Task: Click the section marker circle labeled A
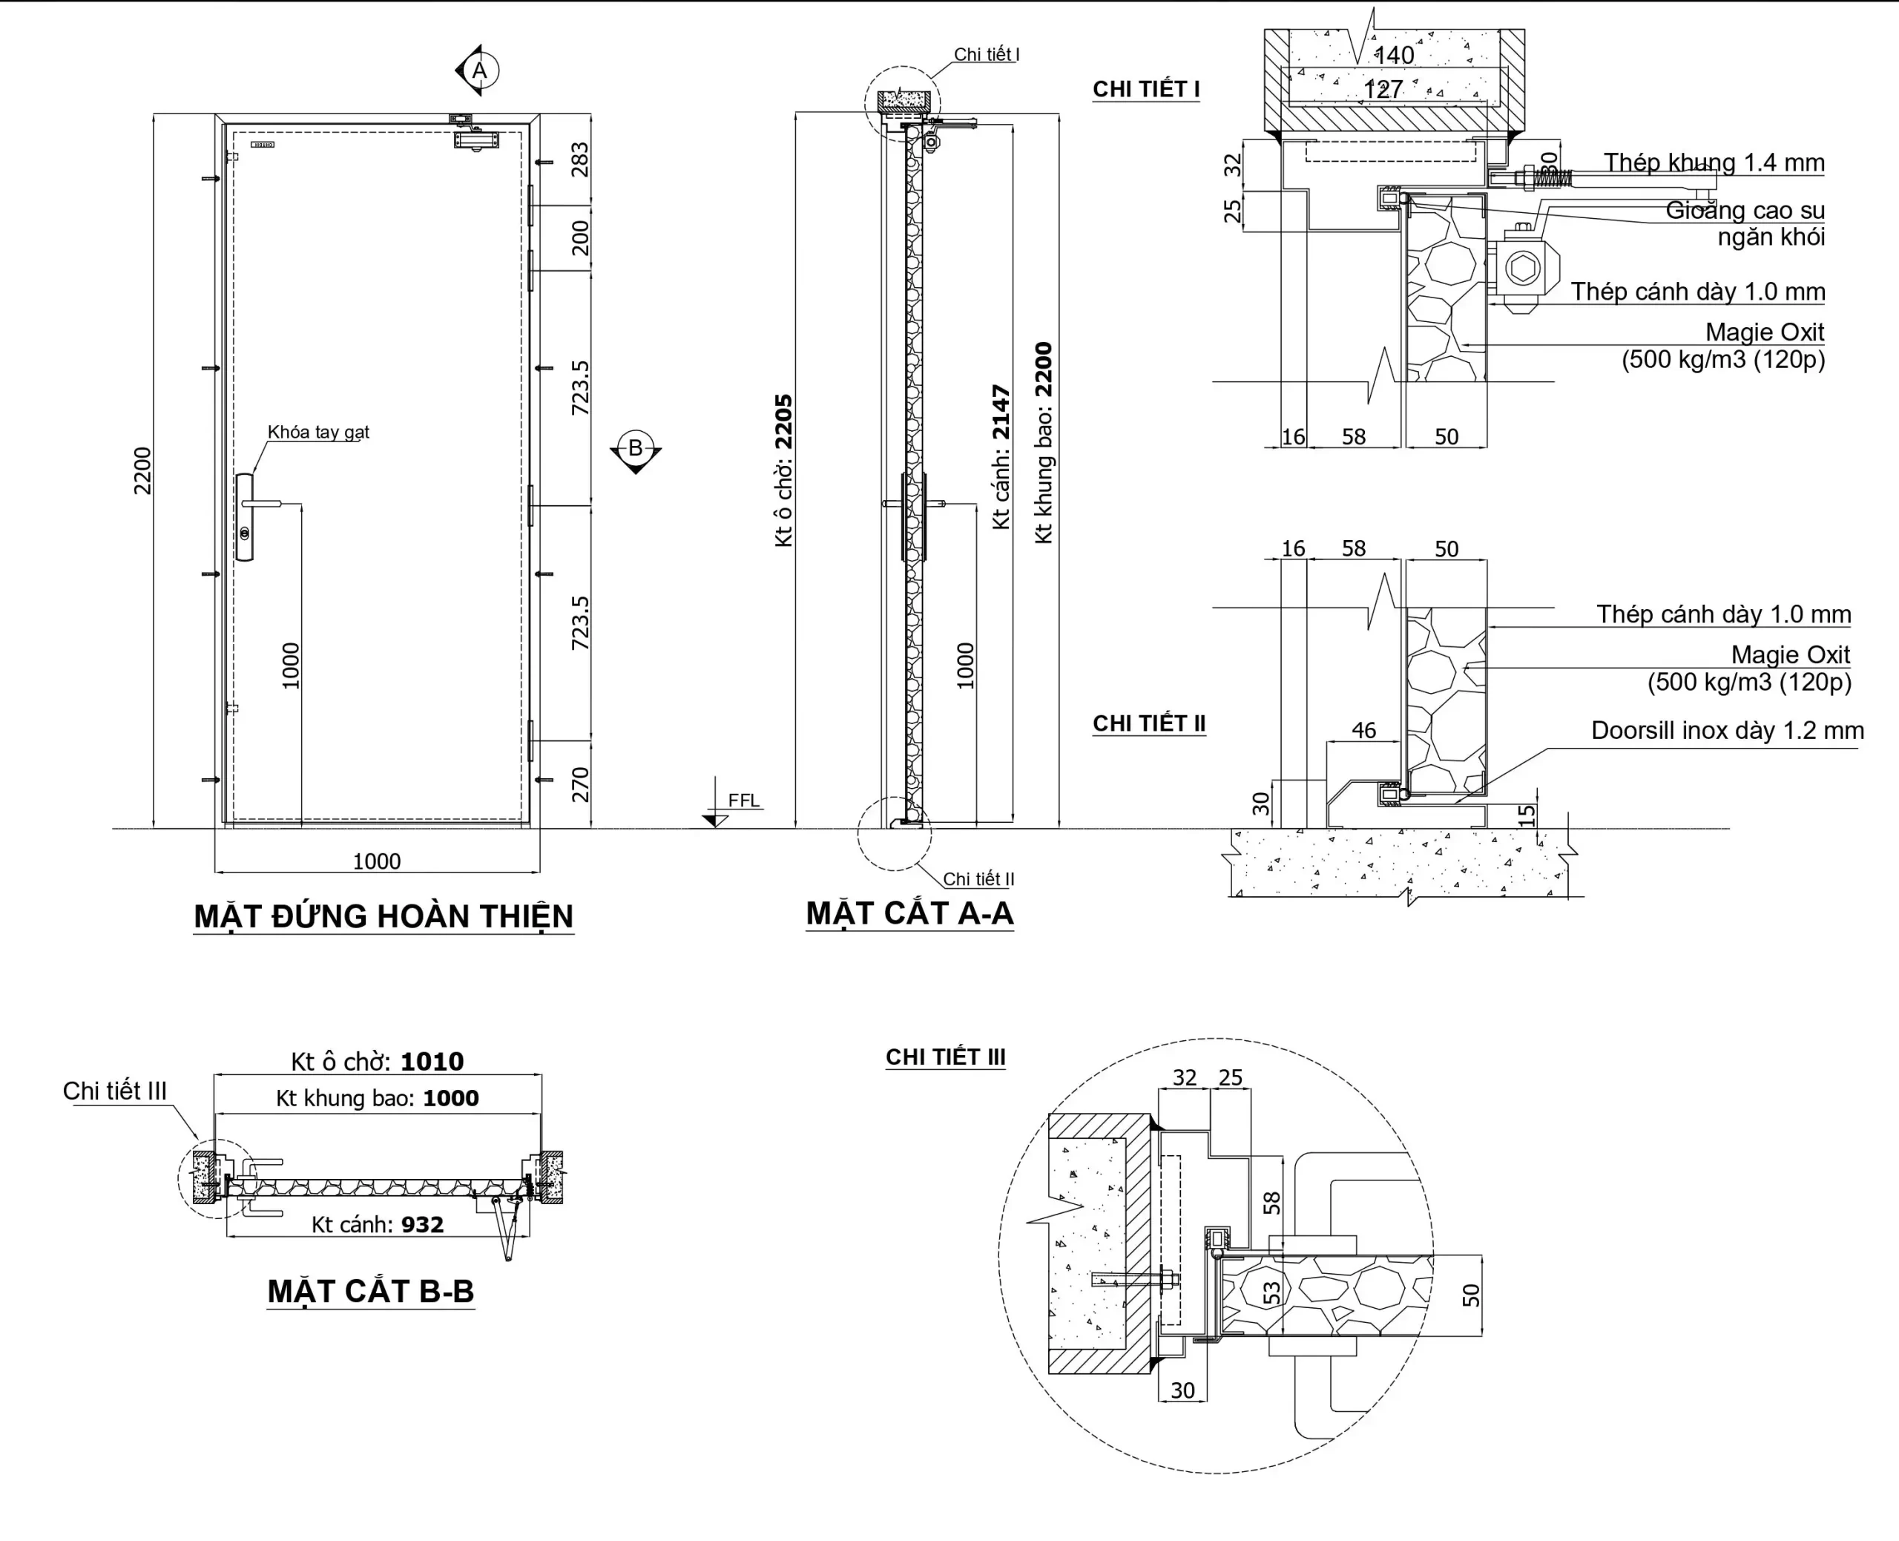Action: click(x=480, y=70)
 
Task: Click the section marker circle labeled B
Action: click(x=636, y=447)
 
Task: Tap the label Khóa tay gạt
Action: click(x=317, y=433)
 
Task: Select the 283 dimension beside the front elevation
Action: click(x=579, y=160)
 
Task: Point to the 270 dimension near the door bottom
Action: click(x=579, y=785)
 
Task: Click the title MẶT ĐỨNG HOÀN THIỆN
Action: click(x=384, y=916)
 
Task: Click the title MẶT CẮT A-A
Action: click(x=909, y=913)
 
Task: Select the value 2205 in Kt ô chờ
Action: click(x=783, y=421)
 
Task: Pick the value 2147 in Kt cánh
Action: click(x=1001, y=412)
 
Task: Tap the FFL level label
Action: click(x=743, y=801)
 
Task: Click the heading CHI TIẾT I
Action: click(x=1145, y=90)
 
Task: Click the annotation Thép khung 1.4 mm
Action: click(x=1714, y=163)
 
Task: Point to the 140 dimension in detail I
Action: click(x=1394, y=55)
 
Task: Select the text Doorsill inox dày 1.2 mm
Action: click(x=1727, y=731)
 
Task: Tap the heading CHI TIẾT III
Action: click(x=945, y=1057)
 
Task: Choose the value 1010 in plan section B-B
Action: click(x=432, y=1062)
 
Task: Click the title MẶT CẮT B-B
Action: click(x=371, y=1291)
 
